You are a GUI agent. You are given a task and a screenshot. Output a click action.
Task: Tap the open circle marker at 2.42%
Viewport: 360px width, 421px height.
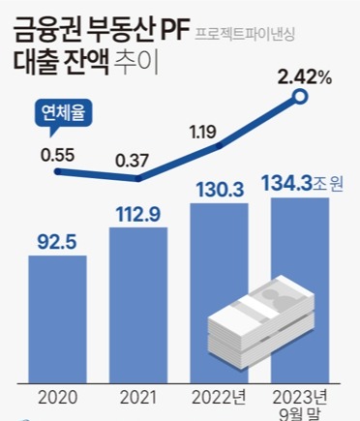(301, 96)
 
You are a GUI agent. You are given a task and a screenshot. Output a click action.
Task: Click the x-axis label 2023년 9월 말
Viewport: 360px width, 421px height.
(300, 402)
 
